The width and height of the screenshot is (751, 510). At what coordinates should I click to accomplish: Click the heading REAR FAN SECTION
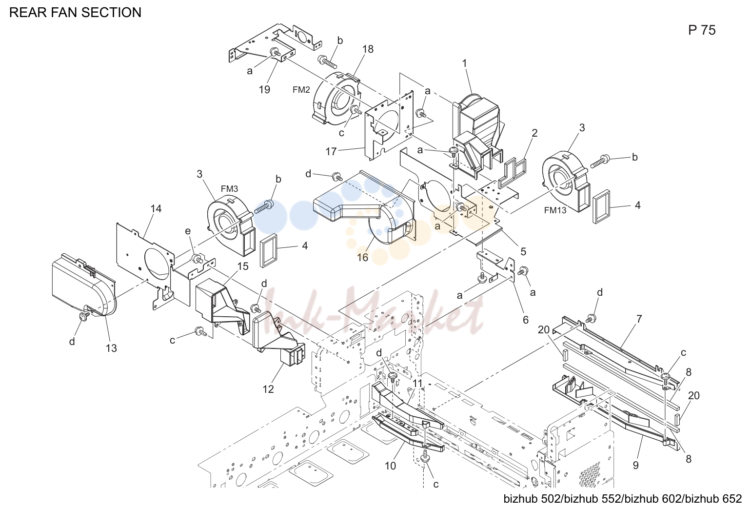tap(76, 12)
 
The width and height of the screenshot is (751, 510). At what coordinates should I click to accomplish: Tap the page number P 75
tap(702, 30)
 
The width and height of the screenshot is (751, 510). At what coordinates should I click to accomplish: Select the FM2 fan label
tap(301, 90)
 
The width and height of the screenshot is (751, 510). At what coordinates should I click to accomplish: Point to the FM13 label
tap(555, 210)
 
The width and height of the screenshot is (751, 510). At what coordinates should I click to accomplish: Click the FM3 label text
tap(229, 189)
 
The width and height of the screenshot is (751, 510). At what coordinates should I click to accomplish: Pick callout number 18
tap(368, 49)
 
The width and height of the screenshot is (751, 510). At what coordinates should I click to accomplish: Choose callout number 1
tap(465, 63)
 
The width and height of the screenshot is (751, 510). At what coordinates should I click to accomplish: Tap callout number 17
tap(331, 152)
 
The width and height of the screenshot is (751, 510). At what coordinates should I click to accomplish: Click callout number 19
tap(264, 90)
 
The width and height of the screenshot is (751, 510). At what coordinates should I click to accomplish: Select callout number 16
tap(362, 257)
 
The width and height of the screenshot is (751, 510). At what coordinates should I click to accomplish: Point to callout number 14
tap(156, 209)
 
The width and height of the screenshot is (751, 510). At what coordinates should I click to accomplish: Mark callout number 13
tap(111, 348)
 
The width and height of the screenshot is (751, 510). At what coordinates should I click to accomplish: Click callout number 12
tap(268, 389)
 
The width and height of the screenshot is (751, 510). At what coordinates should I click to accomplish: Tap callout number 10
tap(390, 466)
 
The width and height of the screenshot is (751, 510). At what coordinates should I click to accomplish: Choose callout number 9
tap(636, 466)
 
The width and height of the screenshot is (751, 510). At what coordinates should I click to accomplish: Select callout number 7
tap(639, 319)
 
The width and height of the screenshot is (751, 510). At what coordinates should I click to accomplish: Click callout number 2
tap(534, 133)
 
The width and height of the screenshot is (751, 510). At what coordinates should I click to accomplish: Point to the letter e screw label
tap(188, 231)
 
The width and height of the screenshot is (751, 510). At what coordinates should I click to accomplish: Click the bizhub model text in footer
tap(623, 499)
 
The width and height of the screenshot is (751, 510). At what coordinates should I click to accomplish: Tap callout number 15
tap(243, 266)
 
